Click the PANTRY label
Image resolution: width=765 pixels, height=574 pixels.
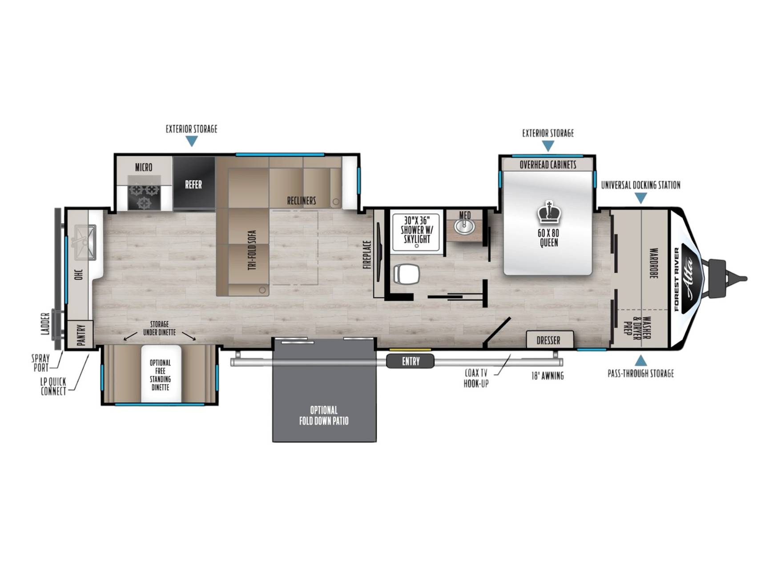pos(81,334)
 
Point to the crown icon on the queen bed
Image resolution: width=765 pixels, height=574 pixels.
pos(549,213)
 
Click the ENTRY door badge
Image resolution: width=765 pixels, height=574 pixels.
pos(410,361)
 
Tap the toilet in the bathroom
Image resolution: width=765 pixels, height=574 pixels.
pos(407,274)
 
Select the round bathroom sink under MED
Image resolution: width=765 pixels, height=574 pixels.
pos(464,226)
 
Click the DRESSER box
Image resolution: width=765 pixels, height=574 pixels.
pos(549,340)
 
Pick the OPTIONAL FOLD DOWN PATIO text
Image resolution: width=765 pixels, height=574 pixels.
pos(324,415)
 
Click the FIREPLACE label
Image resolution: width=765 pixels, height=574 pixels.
pos(367,255)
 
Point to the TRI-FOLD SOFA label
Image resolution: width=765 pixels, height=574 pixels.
pos(252,250)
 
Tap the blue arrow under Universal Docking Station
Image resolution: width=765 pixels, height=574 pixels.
pos(640,198)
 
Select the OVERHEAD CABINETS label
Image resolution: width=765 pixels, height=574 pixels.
pos(548,165)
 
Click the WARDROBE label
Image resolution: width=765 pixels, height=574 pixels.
pos(653,263)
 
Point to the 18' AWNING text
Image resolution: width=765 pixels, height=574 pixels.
pos(548,376)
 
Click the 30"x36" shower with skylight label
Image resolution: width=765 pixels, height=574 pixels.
pos(416,230)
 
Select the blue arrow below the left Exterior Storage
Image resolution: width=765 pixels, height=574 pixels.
pos(191,141)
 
